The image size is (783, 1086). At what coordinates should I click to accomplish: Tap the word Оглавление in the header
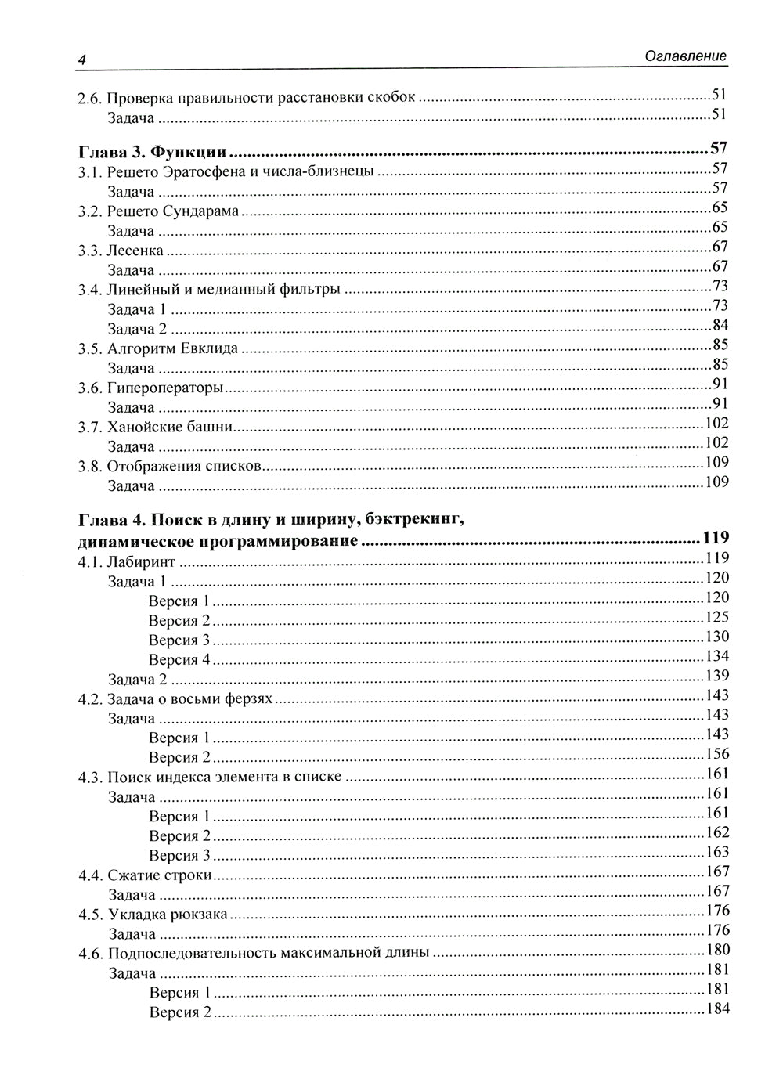tap(685, 56)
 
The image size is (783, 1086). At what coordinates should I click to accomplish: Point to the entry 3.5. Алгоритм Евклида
tap(157, 348)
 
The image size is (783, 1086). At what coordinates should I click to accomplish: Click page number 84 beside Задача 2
tap(720, 325)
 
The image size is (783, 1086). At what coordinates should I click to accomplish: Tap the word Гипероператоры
tap(165, 388)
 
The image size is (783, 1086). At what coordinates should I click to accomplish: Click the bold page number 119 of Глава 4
tap(716, 538)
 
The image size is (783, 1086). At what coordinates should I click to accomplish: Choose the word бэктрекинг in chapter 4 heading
tap(419, 519)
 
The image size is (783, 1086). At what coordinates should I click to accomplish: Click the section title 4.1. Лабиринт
tap(126, 562)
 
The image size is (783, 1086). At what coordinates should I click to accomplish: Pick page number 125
tap(717, 617)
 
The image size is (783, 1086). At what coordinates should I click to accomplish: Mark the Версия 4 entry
tap(179, 659)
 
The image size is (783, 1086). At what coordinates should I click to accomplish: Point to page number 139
tap(717, 676)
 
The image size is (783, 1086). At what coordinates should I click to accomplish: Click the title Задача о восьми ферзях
tap(189, 698)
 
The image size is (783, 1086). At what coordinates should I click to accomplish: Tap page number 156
tap(717, 754)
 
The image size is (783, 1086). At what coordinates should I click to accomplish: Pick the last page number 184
tap(717, 1008)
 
